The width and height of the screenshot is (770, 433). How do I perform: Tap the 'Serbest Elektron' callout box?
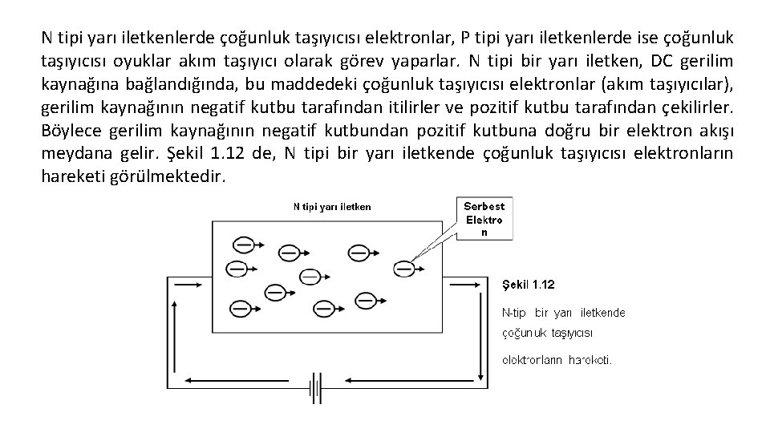click(484, 219)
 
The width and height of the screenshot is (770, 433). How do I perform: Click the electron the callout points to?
click(407, 266)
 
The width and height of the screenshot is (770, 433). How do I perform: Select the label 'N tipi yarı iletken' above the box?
click(331, 206)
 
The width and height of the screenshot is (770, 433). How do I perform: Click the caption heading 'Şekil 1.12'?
click(528, 285)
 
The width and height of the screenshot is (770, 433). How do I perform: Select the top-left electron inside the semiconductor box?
click(242, 245)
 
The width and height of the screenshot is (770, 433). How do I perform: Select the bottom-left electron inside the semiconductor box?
click(240, 306)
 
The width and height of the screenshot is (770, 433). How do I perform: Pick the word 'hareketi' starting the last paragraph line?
click(70, 176)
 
